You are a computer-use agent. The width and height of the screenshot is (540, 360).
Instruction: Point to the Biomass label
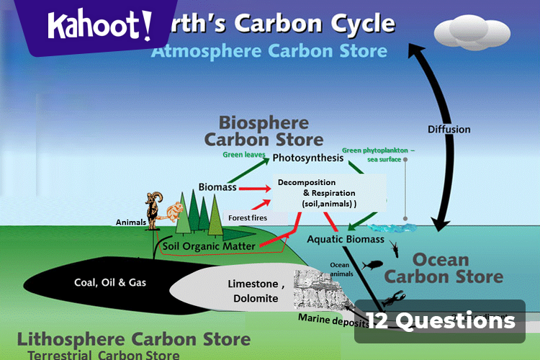pyautogui.click(x=217, y=187)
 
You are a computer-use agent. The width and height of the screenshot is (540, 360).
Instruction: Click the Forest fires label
pyautogui.click(x=248, y=217)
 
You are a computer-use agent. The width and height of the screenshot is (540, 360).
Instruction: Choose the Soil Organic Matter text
pyautogui.click(x=210, y=246)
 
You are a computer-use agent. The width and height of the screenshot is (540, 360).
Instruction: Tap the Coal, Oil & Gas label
pyautogui.click(x=110, y=282)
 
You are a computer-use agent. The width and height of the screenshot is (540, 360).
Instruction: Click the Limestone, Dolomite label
pyautogui.click(x=256, y=290)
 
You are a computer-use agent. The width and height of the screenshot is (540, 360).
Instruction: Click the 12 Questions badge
pyautogui.click(x=440, y=321)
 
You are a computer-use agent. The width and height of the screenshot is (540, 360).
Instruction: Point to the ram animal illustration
pyautogui.click(x=153, y=209)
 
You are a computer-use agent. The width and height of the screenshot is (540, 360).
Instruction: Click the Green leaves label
pyautogui.click(x=244, y=155)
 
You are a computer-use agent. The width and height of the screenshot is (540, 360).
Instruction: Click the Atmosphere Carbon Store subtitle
pyautogui.click(x=269, y=51)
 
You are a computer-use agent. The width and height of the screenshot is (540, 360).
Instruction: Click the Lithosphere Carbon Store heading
pyautogui.click(x=134, y=339)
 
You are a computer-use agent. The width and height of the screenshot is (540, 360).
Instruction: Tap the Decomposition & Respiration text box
pyautogui.click(x=328, y=193)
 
